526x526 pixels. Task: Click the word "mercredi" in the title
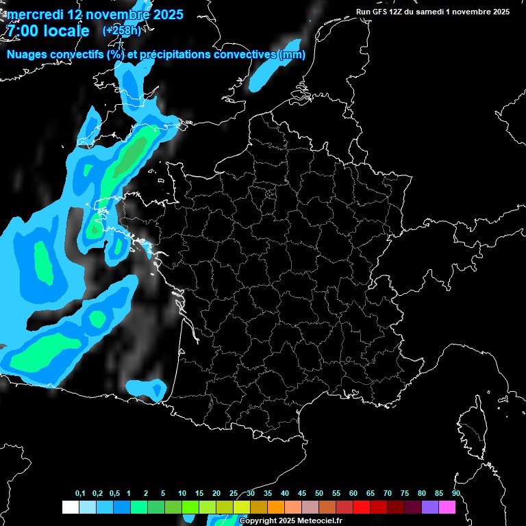pos(34,14)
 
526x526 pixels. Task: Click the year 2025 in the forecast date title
pos(163,14)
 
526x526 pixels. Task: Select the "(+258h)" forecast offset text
pos(121,31)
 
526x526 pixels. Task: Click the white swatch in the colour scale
pos(70,507)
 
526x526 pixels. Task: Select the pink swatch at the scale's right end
pos(447,507)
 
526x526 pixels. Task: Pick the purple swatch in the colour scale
pos(430,507)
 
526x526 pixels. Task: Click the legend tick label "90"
pos(455,494)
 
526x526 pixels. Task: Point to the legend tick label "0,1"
pos(80,494)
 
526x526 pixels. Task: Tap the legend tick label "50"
pos(319,494)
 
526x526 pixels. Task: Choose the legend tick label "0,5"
pos(114,494)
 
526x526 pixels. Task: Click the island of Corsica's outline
pos(472,425)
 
